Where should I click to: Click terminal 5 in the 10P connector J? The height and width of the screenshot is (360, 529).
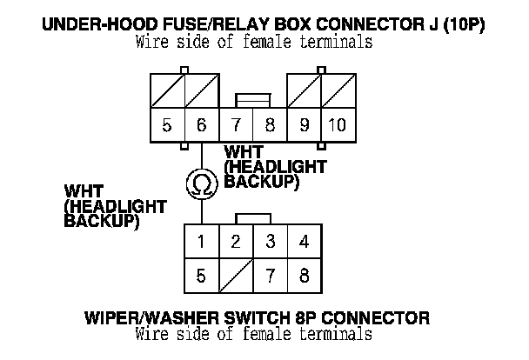167,125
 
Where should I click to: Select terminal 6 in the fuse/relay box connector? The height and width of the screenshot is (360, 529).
201,125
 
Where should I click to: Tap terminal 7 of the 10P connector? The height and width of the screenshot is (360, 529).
235,125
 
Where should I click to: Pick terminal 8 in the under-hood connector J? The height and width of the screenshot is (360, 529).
270,125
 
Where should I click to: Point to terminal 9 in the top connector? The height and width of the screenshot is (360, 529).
304,125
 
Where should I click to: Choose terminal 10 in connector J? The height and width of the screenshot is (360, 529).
337,125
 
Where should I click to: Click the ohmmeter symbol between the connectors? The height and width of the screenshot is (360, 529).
201,183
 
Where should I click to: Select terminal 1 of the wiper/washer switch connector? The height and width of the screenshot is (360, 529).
201,241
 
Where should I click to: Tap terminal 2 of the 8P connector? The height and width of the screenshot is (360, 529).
235,241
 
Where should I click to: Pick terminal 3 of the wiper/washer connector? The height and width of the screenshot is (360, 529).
270,241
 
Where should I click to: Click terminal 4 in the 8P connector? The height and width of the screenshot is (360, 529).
304,241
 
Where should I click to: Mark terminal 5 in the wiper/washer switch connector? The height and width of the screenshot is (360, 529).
201,277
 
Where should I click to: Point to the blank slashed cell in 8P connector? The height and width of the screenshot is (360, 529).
235,277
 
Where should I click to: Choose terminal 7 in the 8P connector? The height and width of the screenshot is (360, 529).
270,277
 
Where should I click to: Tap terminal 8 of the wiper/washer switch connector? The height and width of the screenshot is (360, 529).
304,277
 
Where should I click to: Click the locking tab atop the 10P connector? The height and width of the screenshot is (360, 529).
252,101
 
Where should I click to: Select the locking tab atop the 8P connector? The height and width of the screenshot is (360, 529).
252,217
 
